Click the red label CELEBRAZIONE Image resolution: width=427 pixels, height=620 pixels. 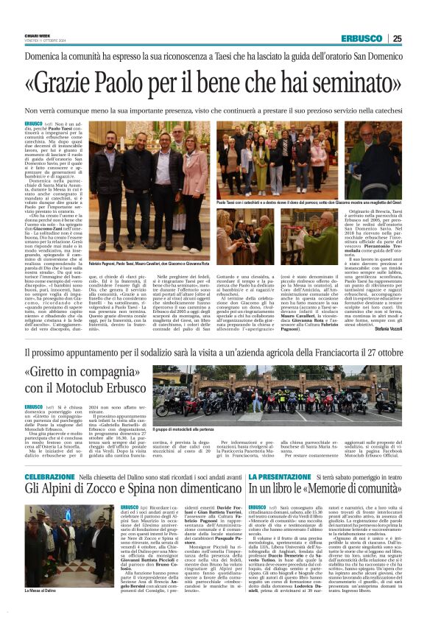tap(49, 457)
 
